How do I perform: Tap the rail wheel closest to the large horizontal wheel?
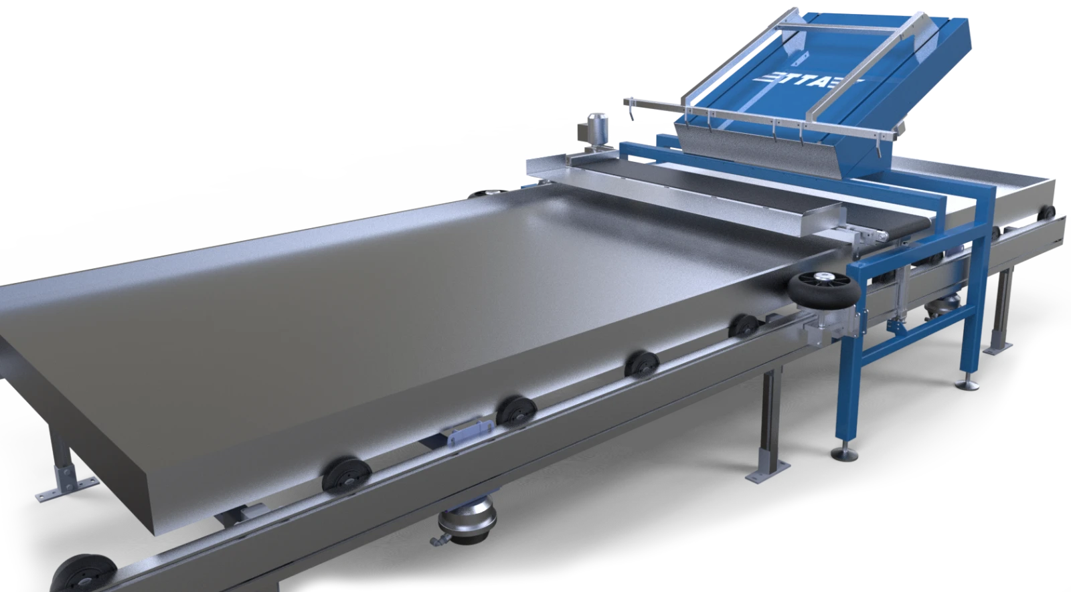coord(743,326)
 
